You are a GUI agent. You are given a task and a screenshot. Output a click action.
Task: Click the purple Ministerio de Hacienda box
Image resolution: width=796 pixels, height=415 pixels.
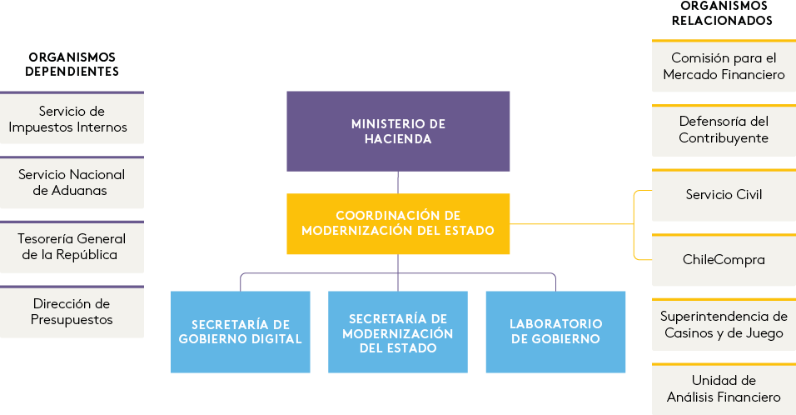pyautogui.click(x=398, y=131)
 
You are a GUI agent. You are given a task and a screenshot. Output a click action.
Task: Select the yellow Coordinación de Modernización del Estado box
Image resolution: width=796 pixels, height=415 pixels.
pyautogui.click(x=398, y=223)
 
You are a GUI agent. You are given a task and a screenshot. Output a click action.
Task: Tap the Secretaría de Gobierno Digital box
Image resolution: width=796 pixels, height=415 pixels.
pyautogui.click(x=241, y=331)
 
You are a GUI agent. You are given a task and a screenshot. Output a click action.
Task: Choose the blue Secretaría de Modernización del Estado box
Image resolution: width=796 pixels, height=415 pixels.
pyautogui.click(x=398, y=331)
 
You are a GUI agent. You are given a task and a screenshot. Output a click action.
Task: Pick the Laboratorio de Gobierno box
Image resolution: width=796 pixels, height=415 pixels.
pyautogui.click(x=555, y=331)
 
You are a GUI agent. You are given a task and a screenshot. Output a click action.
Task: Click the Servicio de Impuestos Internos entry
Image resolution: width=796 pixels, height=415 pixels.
pyautogui.click(x=72, y=119)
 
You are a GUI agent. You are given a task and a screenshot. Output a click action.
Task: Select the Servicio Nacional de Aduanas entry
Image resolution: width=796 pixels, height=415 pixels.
pyautogui.click(x=72, y=183)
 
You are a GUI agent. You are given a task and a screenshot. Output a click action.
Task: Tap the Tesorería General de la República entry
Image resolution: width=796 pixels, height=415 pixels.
pyautogui.click(x=72, y=247)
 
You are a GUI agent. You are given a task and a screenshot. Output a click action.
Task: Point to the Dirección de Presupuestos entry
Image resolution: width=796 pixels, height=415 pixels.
pyautogui.click(x=72, y=312)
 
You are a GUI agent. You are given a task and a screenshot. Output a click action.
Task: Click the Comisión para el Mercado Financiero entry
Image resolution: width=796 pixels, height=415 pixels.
pyautogui.click(x=724, y=67)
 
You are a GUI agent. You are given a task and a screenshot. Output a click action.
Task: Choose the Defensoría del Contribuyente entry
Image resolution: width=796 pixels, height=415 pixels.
pyautogui.click(x=724, y=130)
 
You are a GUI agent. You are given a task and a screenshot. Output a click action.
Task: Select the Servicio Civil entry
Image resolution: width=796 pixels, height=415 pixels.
pyautogui.click(x=724, y=195)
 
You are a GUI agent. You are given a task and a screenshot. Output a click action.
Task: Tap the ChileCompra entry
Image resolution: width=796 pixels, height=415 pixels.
pyautogui.click(x=724, y=260)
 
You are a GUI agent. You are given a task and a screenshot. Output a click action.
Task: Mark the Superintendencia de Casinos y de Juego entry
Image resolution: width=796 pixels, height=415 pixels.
pyautogui.click(x=724, y=325)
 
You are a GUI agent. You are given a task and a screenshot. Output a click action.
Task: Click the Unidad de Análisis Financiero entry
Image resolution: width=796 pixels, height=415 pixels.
pyautogui.click(x=724, y=389)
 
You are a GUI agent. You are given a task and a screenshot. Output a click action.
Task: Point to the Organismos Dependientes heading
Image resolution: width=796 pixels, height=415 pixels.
pyautogui.click(x=72, y=64)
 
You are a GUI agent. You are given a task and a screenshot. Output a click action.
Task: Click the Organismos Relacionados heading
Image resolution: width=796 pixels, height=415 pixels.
pyautogui.click(x=722, y=13)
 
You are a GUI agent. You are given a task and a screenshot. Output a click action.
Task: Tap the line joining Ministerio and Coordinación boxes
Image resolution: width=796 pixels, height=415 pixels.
pyautogui.click(x=398, y=182)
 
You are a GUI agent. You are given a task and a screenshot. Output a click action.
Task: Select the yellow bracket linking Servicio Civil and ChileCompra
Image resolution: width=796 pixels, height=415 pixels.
pyautogui.click(x=634, y=225)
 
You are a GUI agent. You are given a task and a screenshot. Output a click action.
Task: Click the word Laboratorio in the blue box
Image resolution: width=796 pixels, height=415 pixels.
pyautogui.click(x=555, y=323)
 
